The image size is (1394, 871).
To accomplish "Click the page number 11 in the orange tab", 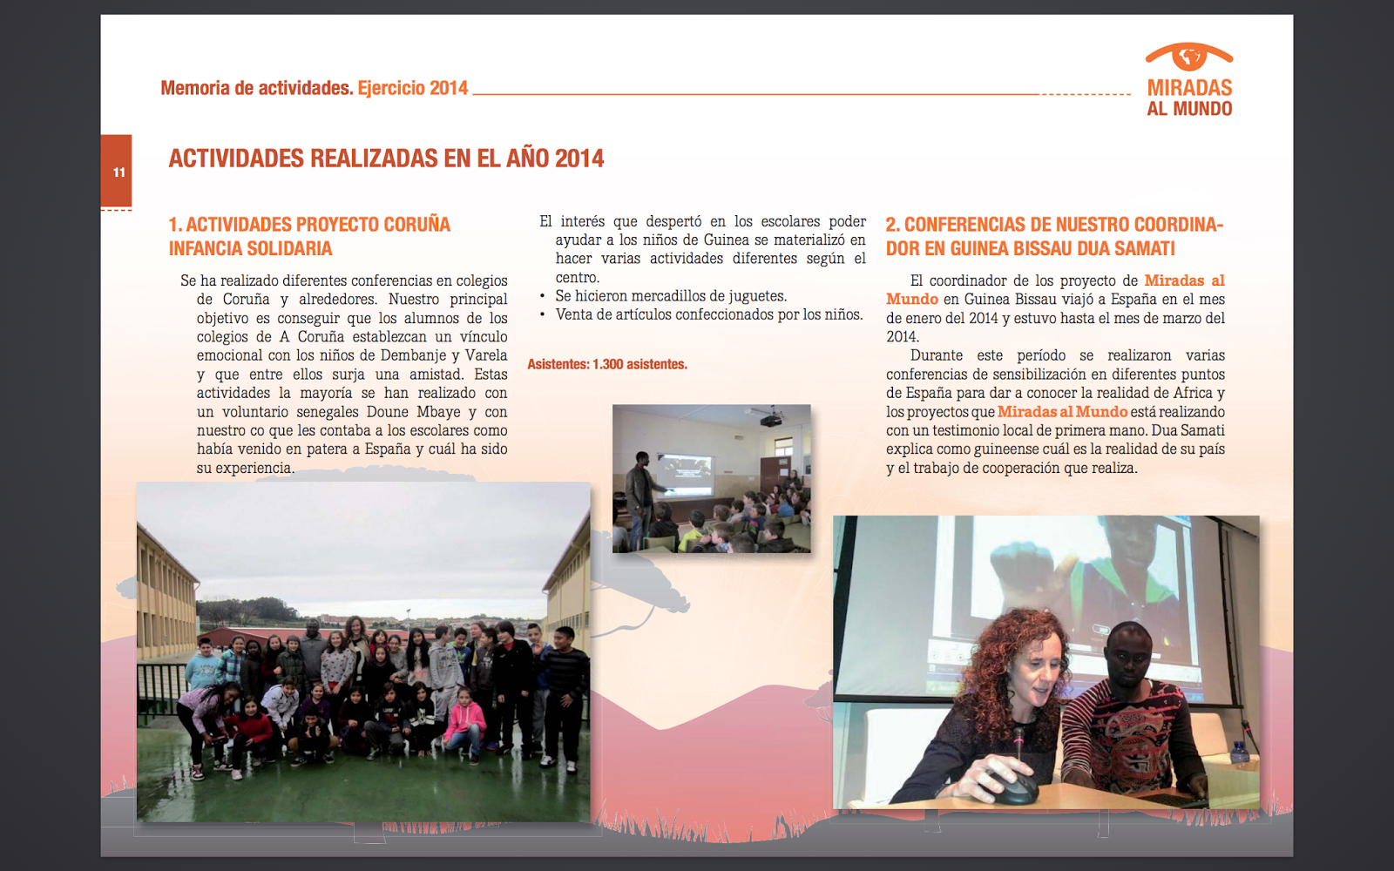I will (118, 172).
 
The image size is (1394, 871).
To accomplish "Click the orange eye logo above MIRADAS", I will (1188, 57).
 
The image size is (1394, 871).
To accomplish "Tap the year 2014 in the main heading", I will (579, 159).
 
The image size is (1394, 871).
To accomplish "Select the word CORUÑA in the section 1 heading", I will (416, 225).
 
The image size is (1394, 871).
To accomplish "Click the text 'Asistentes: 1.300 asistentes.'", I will (607, 364).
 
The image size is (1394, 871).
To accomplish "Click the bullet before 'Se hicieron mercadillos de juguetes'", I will (543, 296).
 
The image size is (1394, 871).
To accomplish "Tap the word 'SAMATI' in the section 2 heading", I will (1145, 249).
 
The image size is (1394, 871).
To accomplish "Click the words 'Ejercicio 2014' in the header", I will (413, 88).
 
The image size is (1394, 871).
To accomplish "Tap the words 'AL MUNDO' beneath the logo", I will (1189, 109).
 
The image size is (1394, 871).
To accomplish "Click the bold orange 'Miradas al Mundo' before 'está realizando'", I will (1062, 412).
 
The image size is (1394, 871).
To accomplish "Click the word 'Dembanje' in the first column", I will (414, 355).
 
